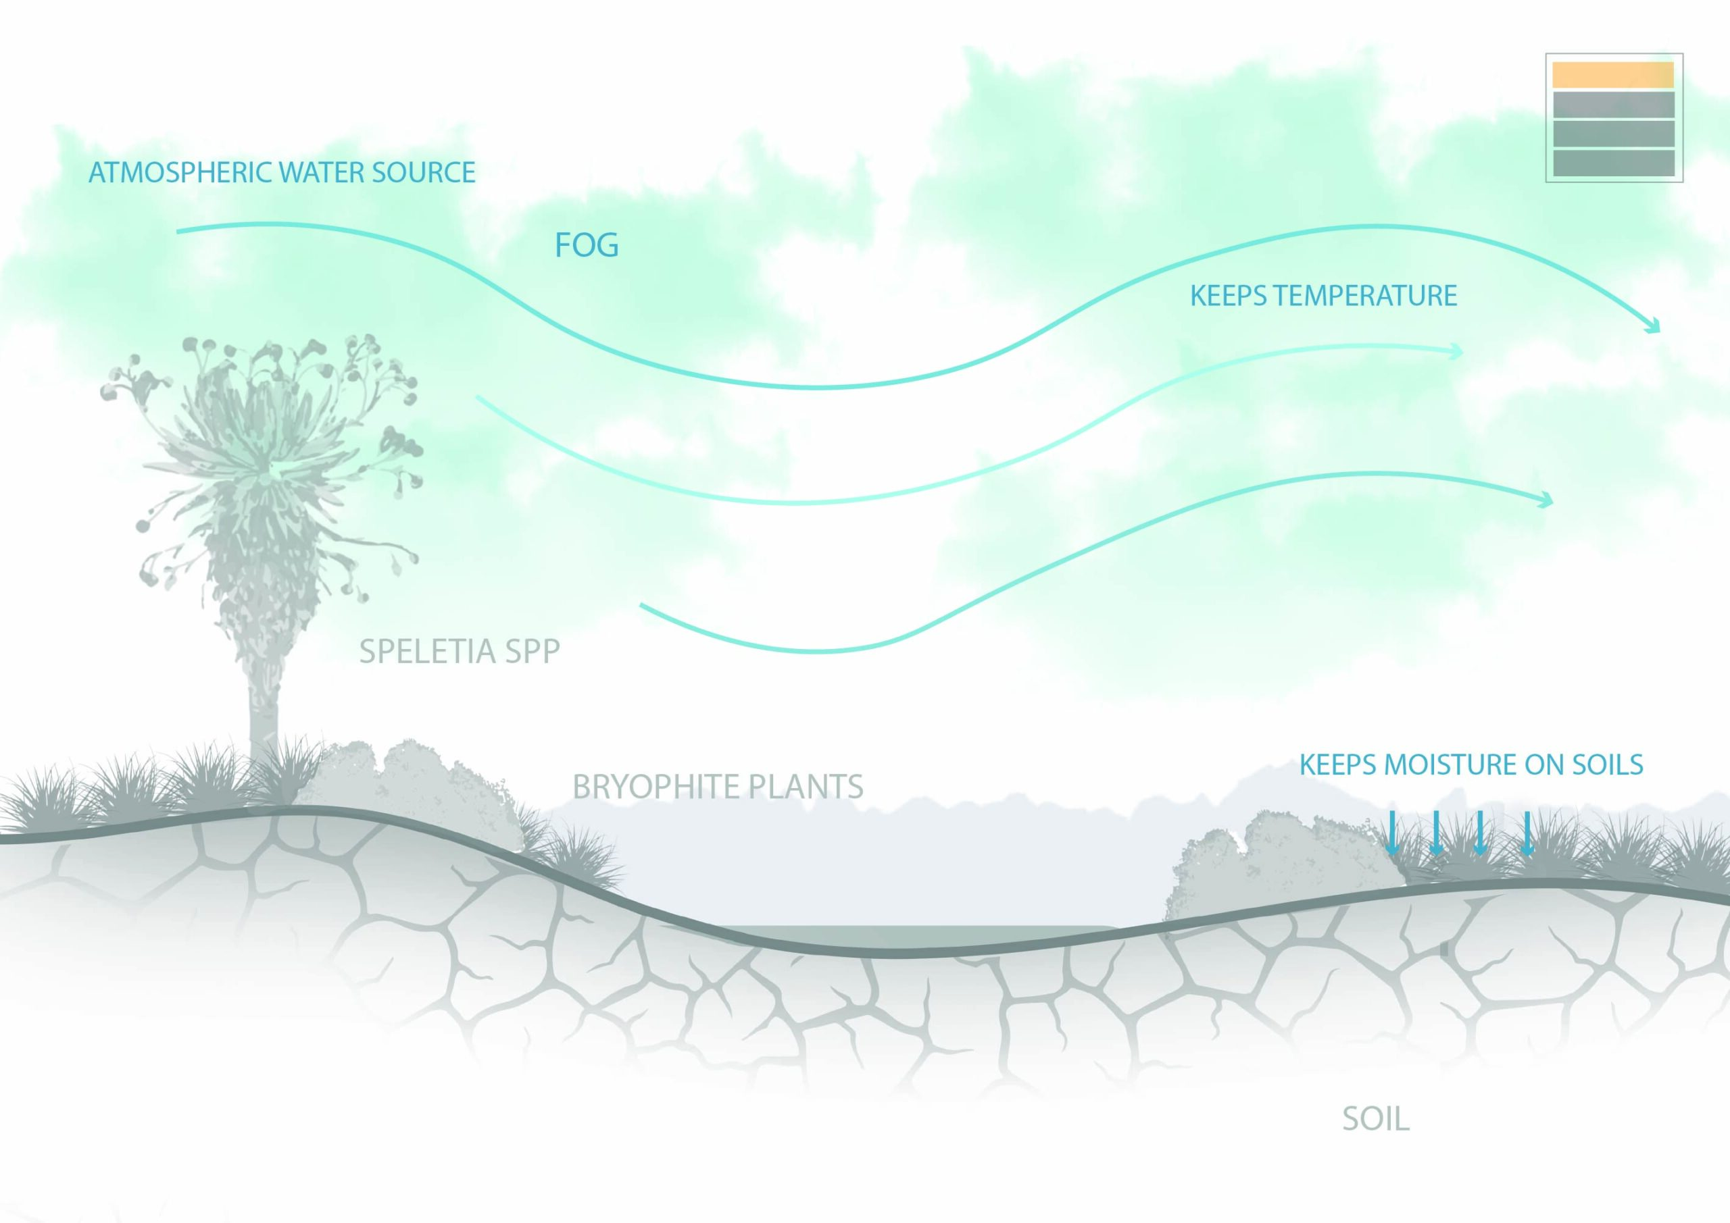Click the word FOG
click(586, 246)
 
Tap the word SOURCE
click(424, 172)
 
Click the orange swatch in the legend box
click(1613, 74)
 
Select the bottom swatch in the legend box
click(1613, 163)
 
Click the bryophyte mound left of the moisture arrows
click(1281, 866)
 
